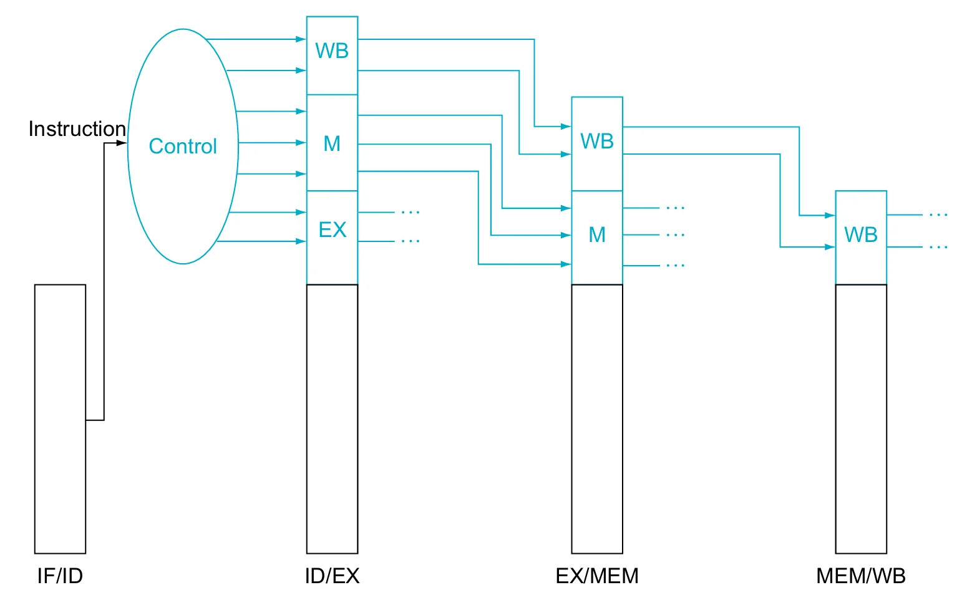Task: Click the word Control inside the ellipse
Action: coord(183,146)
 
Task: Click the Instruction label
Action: coord(77,128)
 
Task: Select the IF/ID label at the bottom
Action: coord(60,576)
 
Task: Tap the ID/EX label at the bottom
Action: coord(332,576)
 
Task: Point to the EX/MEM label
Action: coord(597,576)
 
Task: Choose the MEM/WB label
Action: coord(861,576)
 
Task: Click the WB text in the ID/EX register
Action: coord(332,51)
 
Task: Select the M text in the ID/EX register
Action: coord(332,143)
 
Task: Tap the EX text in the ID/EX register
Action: coord(333,230)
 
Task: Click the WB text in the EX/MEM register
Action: coord(597,141)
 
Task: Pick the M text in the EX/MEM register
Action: coord(597,235)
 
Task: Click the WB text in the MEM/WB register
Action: coord(861,235)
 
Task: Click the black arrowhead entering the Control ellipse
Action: coord(122,143)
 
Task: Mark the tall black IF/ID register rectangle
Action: coord(60,419)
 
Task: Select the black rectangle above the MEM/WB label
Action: coord(861,419)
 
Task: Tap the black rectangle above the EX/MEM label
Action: coord(597,419)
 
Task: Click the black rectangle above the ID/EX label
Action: coord(332,419)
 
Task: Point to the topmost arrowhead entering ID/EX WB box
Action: coord(301,39)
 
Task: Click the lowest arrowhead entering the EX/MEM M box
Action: coord(566,264)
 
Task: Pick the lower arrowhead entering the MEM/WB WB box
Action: coord(830,247)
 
